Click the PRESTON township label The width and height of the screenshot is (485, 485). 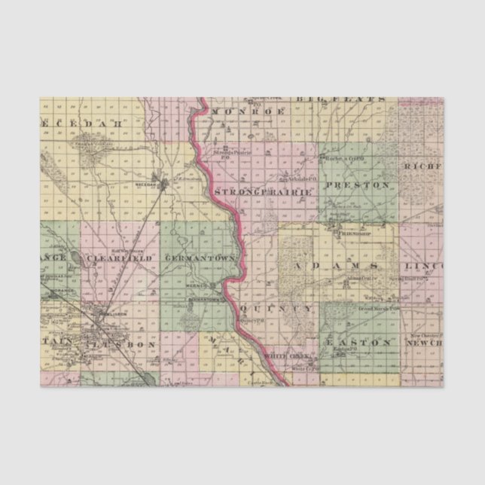[358, 185]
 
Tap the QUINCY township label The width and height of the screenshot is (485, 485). [279, 309]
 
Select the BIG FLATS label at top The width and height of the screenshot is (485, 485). [341, 99]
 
